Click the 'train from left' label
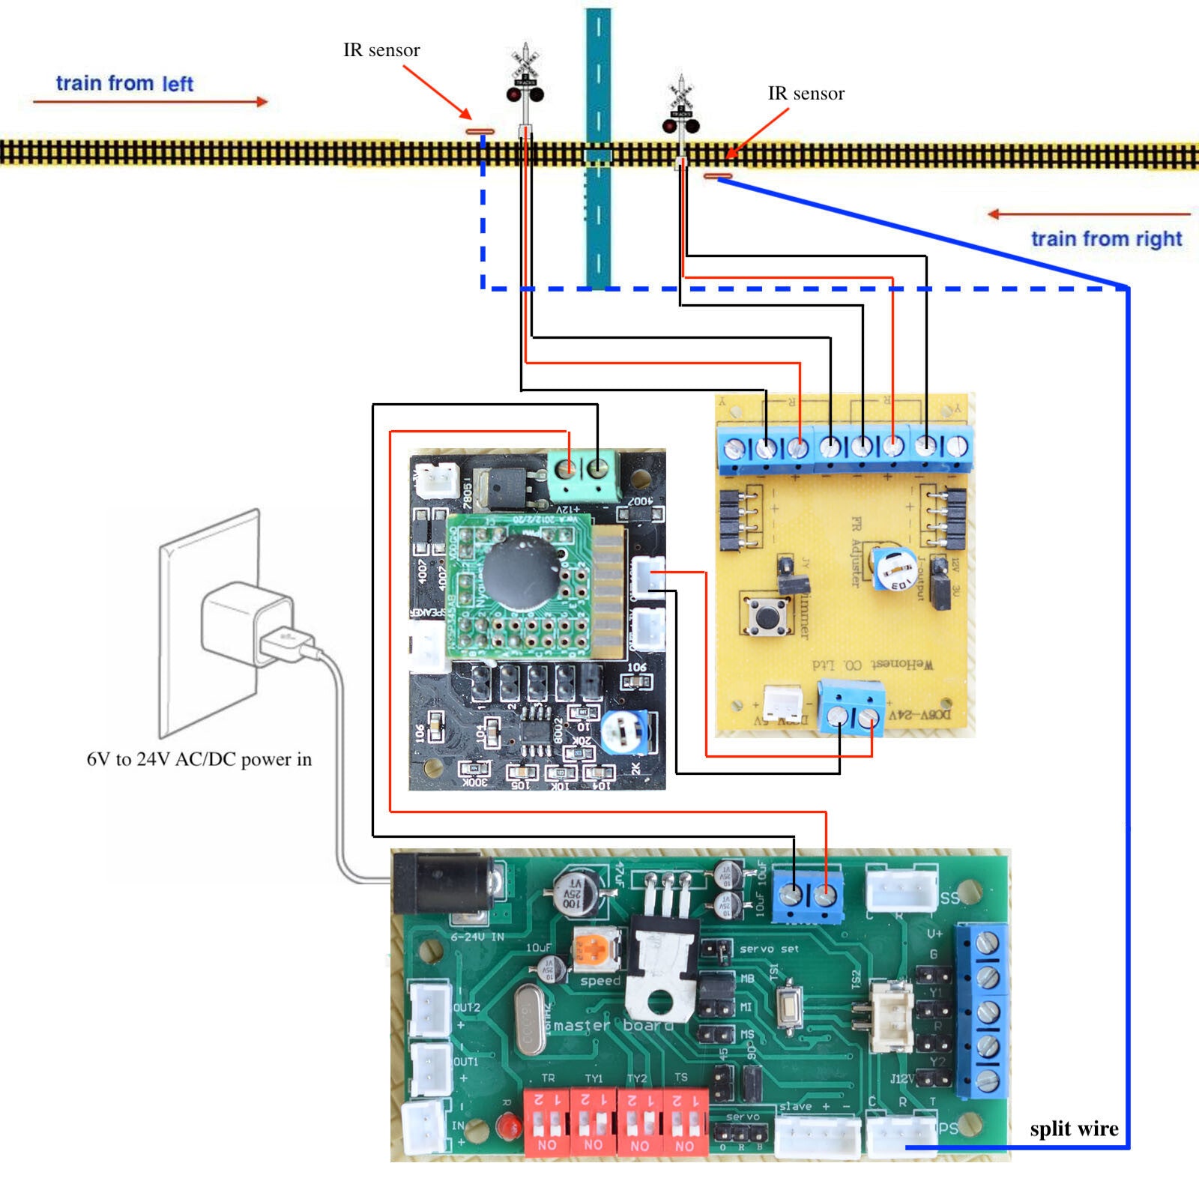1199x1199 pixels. click(124, 83)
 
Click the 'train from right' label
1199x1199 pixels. click(1106, 239)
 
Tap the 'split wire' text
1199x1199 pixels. click(1073, 1129)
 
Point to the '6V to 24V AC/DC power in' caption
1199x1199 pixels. click(199, 759)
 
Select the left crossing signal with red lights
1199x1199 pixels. click(525, 82)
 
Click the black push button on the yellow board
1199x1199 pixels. click(765, 614)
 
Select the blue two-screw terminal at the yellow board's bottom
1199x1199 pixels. click(851, 709)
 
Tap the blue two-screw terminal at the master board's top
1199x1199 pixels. click(808, 894)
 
